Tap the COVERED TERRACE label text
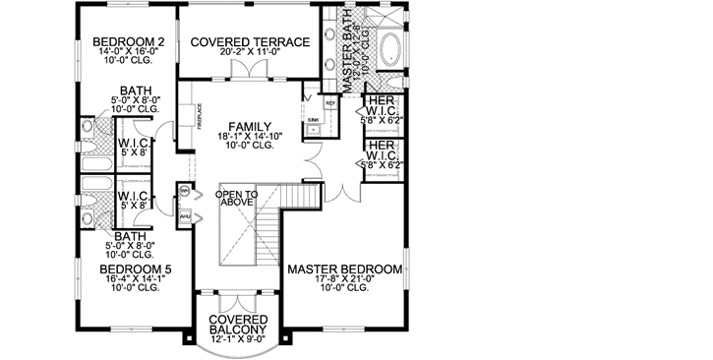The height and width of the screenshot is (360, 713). coord(251,41)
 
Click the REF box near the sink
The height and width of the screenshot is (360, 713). coord(331,101)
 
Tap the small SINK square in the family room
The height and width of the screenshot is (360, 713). coord(314,119)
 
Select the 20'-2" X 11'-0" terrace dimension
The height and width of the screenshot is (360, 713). coord(251,56)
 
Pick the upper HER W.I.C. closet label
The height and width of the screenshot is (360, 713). coord(380,109)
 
